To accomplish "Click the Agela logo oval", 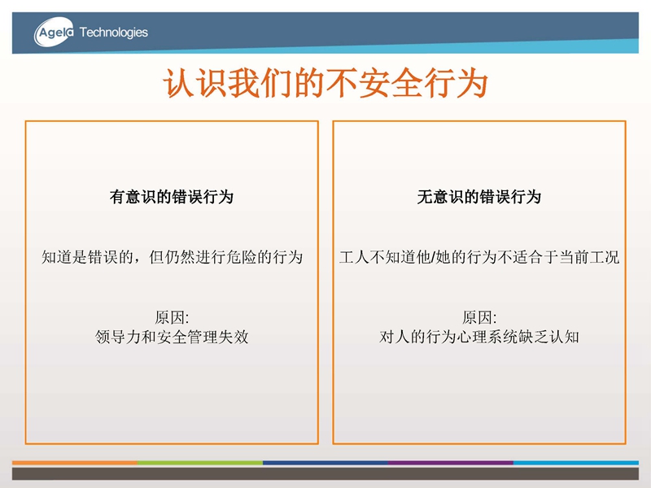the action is click(54, 32).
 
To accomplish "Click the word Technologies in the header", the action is click(113, 33).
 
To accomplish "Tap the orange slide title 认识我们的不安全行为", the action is click(325, 84).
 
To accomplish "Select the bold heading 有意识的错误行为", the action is click(172, 197).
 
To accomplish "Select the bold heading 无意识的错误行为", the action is click(479, 197).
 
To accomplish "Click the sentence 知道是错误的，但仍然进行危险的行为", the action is click(172, 257).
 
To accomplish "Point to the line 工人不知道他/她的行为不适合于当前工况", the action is click(479, 257).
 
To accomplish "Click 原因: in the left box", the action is click(172, 318).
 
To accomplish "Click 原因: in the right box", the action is click(479, 318).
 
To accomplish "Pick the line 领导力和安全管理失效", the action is click(172, 337).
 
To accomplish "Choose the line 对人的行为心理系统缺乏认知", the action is click(479, 337).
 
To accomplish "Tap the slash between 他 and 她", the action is click(433, 257).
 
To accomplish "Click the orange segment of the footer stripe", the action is click(75, 462).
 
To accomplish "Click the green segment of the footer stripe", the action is click(200, 462).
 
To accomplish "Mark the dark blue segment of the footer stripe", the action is click(325, 462).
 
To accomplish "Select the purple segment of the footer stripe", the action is click(451, 462).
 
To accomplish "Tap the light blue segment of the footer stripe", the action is click(576, 462).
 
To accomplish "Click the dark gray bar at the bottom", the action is click(325, 474).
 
